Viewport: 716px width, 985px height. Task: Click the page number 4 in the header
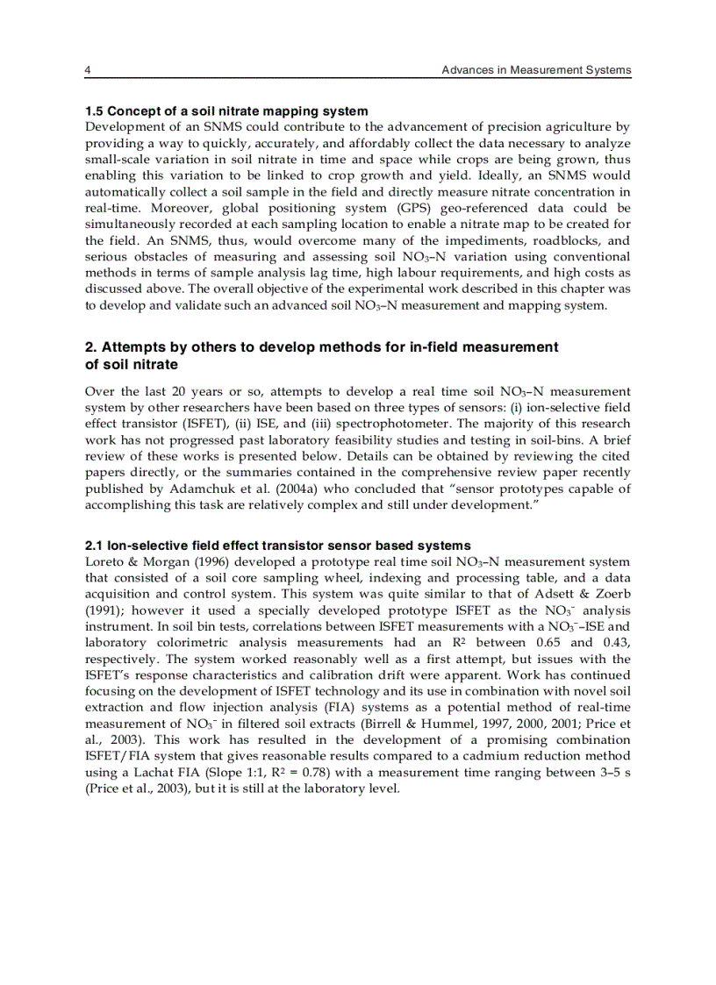pyautogui.click(x=88, y=70)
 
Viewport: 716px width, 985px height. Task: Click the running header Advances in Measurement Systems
pyautogui.click(x=536, y=70)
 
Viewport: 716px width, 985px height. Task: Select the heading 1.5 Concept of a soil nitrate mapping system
pyautogui.click(x=226, y=111)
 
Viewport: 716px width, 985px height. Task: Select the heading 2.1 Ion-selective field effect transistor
pyautogui.click(x=277, y=546)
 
